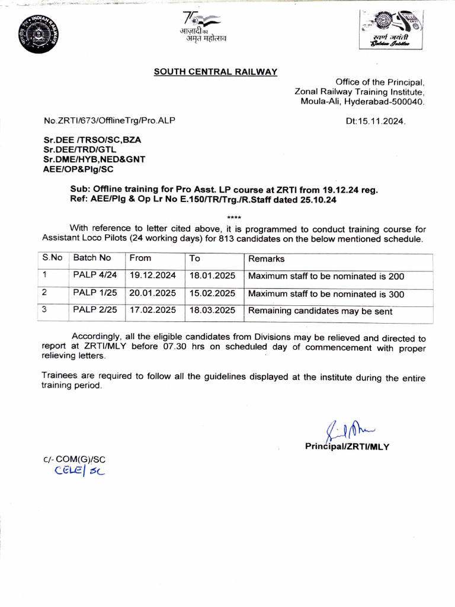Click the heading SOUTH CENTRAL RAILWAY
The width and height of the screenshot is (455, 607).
[216, 72]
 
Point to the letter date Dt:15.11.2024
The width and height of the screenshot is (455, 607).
[376, 121]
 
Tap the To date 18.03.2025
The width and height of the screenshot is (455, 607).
[212, 310]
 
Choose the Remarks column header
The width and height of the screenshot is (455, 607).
[266, 258]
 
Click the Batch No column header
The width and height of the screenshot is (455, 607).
[92, 258]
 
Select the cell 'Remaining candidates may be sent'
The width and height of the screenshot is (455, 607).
[320, 311]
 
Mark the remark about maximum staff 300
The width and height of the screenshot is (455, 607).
[326, 294]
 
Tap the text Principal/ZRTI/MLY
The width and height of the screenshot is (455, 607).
[347, 446]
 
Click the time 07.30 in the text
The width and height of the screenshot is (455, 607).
[175, 348]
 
